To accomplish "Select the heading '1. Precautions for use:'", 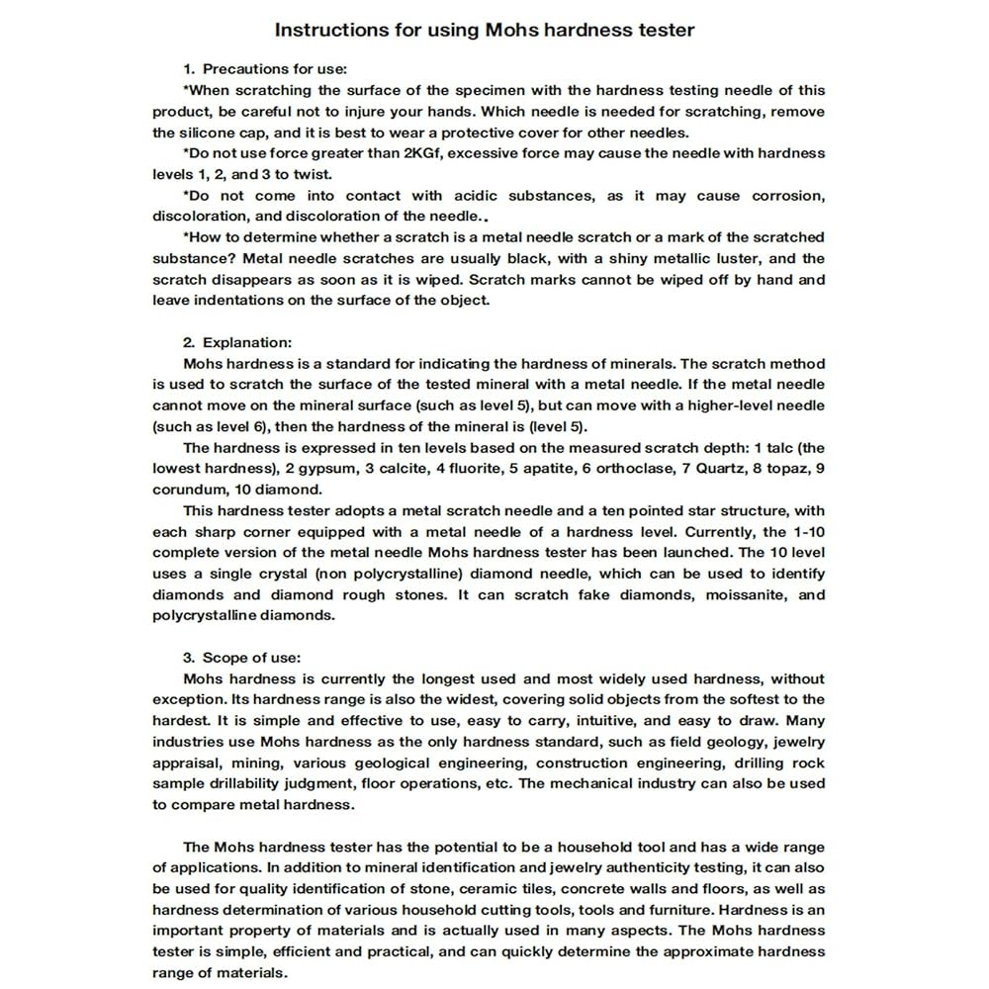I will [x=265, y=69].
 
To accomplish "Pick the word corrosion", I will [x=787, y=196].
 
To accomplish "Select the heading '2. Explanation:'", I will [x=237, y=342].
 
